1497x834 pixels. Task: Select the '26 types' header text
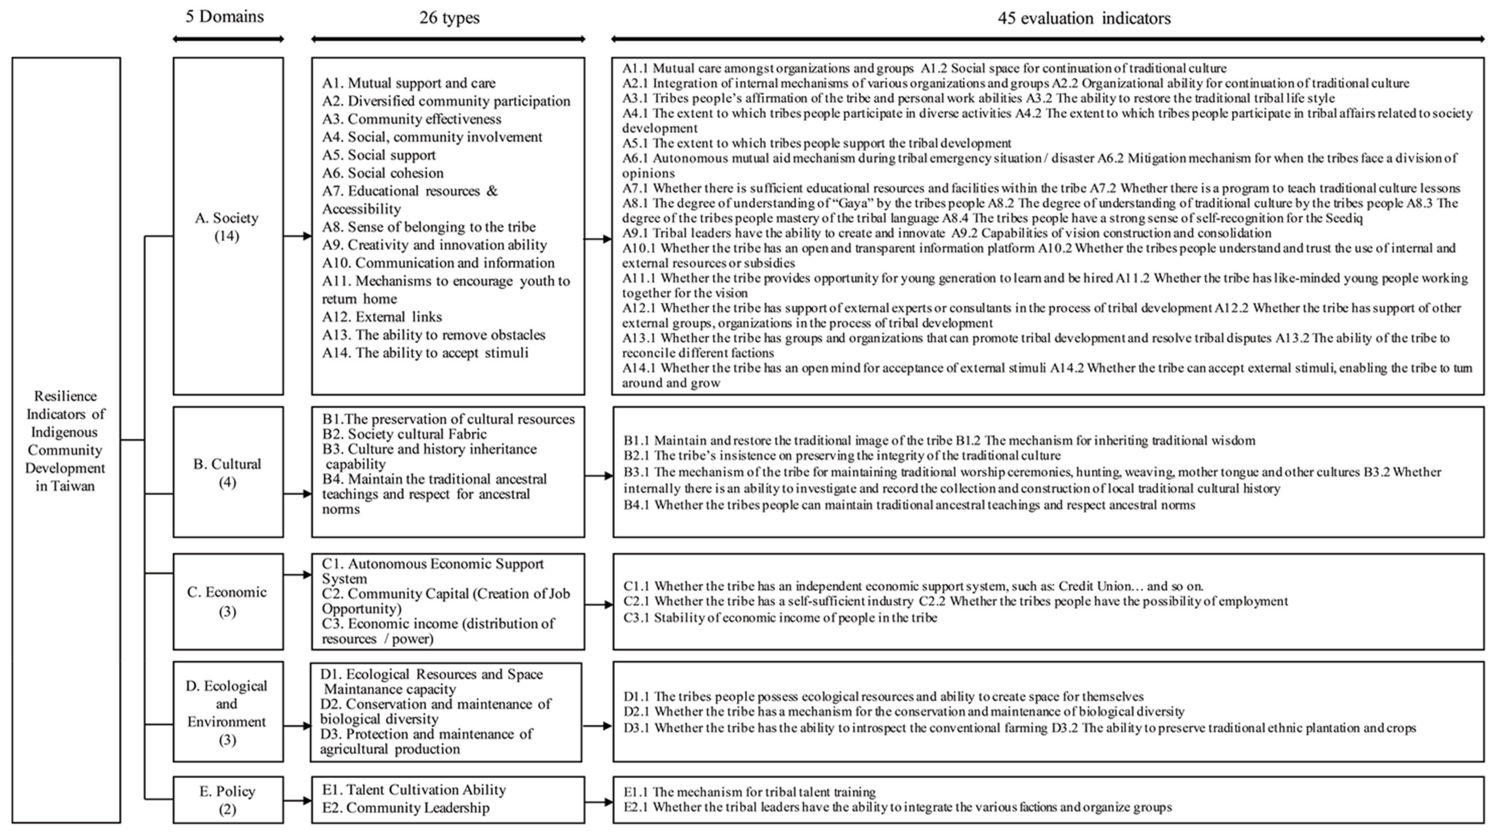449,18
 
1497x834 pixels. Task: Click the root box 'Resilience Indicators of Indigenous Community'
66,440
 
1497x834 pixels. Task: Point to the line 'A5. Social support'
379,155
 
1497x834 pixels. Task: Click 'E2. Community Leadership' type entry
406,808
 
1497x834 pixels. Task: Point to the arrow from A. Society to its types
297,236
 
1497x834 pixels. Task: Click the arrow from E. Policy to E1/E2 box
297,800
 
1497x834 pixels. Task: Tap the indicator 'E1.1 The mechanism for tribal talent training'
749,792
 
